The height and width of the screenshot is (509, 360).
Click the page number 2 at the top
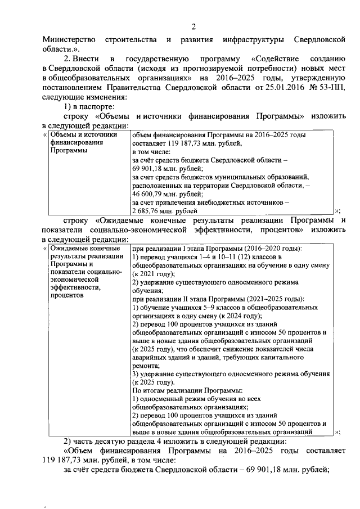click(x=193, y=26)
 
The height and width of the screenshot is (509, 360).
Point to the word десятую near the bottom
click(x=116, y=442)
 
